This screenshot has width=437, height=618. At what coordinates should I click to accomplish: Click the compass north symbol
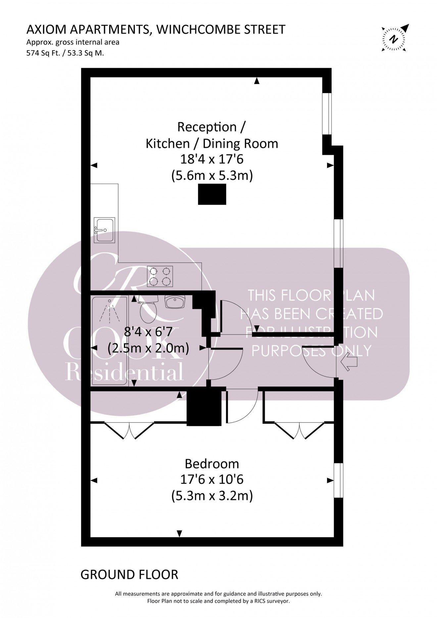pyautogui.click(x=393, y=39)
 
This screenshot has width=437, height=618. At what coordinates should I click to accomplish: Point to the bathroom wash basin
pyautogui.click(x=175, y=302)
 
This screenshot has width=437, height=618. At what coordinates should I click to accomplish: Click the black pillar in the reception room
pyautogui.click(x=212, y=194)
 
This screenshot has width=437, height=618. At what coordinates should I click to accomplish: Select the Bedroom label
pyautogui.click(x=212, y=464)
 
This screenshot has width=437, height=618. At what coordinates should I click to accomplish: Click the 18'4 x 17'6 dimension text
pyautogui.click(x=212, y=159)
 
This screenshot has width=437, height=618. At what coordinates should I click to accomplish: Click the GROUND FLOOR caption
pyautogui.click(x=129, y=575)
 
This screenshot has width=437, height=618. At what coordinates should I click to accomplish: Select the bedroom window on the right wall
pyautogui.click(x=338, y=480)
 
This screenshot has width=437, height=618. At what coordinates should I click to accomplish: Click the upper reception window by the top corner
pyautogui.click(x=327, y=114)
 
